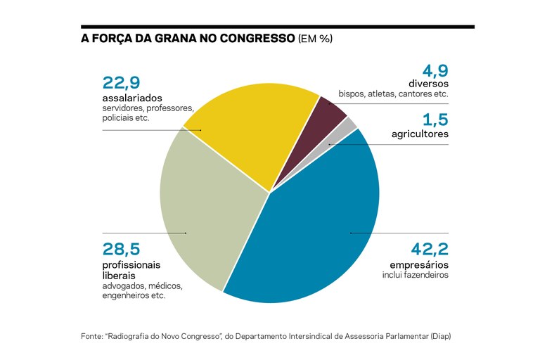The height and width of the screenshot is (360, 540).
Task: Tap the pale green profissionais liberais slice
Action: coord(204,211)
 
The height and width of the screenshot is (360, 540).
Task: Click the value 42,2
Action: coord(428,249)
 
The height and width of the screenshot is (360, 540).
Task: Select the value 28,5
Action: coord(122,249)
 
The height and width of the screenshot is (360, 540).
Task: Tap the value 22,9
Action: coord(122,82)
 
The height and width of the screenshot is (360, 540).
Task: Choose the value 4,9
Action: coord(435,71)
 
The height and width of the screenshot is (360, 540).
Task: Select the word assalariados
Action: coord(132,98)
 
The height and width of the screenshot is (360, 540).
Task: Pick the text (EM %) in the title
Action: coord(316,39)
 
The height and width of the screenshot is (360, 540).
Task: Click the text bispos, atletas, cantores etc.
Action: coord(393,94)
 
